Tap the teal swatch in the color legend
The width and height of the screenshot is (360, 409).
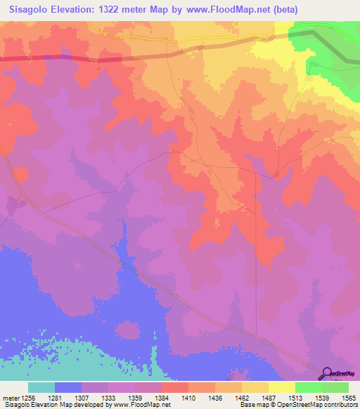point(41,387)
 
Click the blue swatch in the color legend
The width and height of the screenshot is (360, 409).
point(68,387)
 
